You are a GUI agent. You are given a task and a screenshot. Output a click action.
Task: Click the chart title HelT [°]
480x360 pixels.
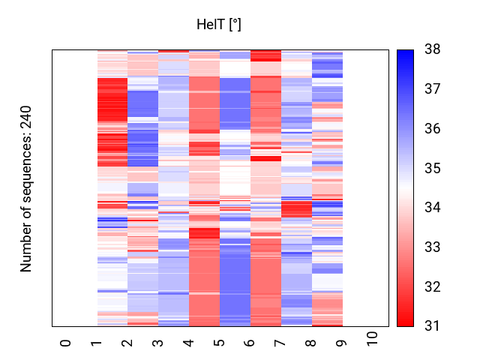pos(218,25)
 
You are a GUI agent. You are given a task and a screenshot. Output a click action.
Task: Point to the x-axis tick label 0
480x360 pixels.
pos(66,342)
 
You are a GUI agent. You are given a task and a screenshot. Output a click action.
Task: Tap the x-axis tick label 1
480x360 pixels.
pos(97,342)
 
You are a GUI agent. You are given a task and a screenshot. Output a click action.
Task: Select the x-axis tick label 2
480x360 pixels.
pos(127,342)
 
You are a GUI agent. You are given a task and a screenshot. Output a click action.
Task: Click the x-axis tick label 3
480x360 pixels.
pos(158,342)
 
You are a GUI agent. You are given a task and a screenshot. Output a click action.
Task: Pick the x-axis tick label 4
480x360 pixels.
pos(189,342)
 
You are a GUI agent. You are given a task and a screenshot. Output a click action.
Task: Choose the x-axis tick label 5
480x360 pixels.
pos(220,342)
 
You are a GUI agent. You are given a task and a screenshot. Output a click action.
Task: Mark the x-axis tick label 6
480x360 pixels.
pos(250,342)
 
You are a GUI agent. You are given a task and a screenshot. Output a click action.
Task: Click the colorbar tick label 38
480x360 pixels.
pos(433,50)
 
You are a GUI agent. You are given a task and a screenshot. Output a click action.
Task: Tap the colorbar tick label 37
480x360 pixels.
pos(433,89)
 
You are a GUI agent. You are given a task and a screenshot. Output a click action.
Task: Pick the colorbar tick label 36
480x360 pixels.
pos(433,129)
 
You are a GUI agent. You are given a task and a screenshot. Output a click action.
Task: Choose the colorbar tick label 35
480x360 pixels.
pos(433,169)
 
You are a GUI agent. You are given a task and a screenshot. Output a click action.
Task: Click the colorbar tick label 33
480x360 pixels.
pos(433,247)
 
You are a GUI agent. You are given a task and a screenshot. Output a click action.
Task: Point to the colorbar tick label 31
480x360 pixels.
pos(433,326)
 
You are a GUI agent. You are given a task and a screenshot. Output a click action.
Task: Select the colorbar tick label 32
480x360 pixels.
pos(433,287)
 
